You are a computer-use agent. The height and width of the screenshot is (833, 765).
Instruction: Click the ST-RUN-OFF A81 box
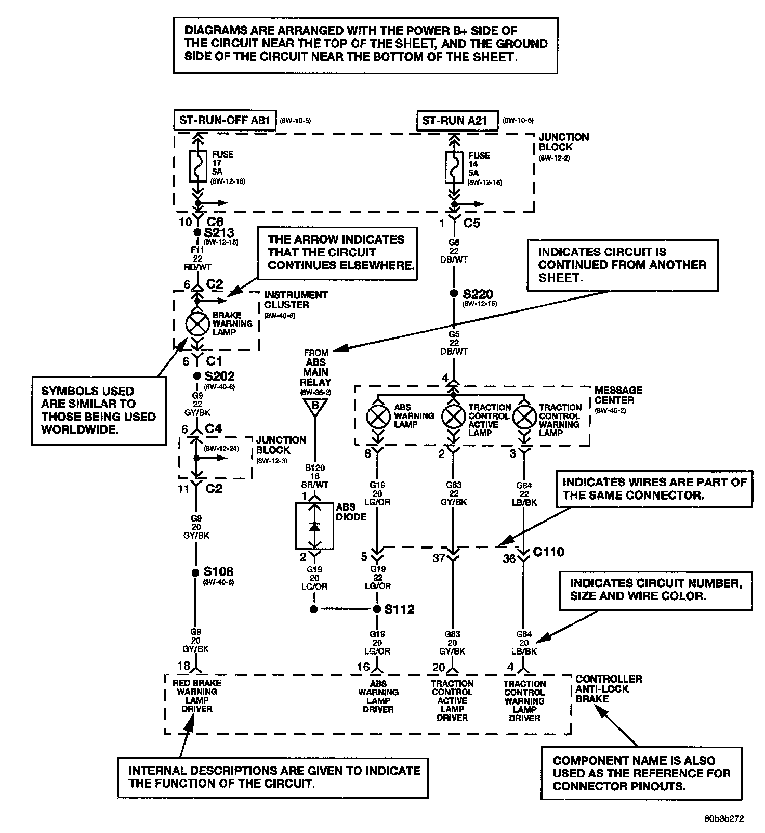[224, 121]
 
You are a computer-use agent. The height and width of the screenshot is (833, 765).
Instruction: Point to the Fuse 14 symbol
[454, 167]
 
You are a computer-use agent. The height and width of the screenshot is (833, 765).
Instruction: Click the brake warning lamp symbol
[197, 324]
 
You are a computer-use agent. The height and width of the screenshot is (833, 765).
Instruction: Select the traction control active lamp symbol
[453, 417]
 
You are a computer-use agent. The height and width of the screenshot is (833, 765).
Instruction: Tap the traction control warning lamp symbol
[524, 417]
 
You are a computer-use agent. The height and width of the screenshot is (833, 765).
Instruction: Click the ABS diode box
[314, 526]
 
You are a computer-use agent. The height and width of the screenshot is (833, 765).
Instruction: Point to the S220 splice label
[478, 294]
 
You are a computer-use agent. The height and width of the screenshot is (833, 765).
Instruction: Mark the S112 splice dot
[377, 609]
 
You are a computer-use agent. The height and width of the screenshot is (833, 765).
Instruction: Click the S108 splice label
[218, 571]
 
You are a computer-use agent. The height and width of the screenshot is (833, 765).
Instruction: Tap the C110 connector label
[548, 552]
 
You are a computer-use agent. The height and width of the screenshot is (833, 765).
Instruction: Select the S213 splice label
[219, 232]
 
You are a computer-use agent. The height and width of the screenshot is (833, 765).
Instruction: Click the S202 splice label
[219, 376]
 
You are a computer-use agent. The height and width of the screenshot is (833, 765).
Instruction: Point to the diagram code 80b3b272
[724, 819]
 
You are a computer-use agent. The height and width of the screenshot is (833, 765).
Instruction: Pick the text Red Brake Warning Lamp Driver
[197, 695]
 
